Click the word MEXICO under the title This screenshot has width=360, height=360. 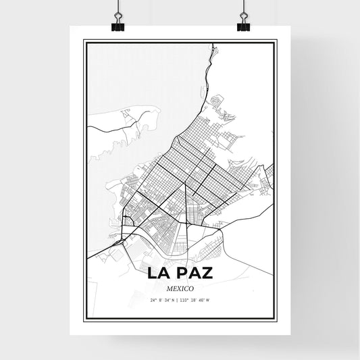[180, 287]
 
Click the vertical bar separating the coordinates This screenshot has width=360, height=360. [179, 299]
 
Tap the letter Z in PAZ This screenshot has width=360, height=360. [208, 274]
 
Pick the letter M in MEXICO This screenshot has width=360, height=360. [166, 287]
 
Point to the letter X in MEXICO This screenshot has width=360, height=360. [178, 287]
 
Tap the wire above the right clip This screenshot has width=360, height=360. [241, 8]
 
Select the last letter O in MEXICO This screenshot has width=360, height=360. [192, 287]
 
